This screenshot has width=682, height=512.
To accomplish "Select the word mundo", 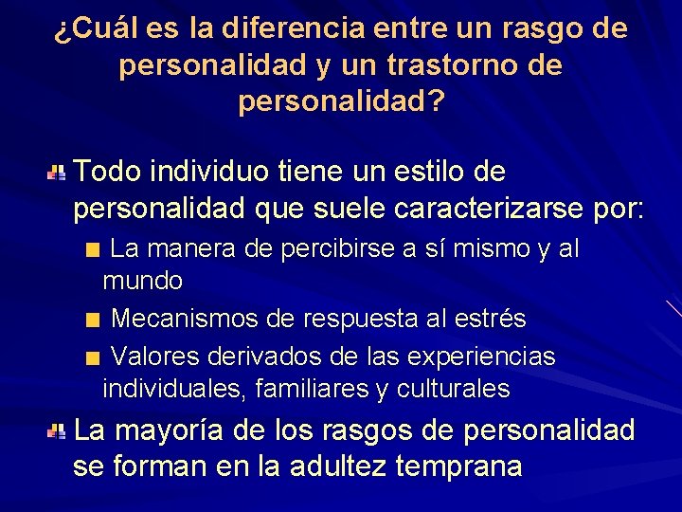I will [x=143, y=281].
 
